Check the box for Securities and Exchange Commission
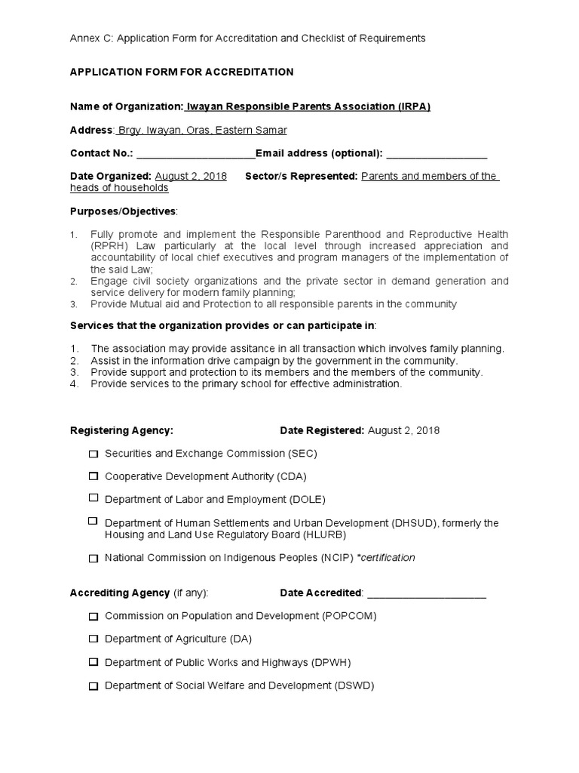click(x=93, y=454)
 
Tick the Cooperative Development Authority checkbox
click(x=93, y=476)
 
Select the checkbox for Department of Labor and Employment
click(x=93, y=498)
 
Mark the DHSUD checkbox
click(x=93, y=521)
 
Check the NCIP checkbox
click(x=93, y=559)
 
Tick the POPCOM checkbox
click(x=93, y=616)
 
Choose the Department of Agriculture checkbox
click(x=93, y=639)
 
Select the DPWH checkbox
click(x=93, y=662)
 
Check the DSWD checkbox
click(x=93, y=686)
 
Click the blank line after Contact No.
click(x=195, y=154)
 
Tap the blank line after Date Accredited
click(x=426, y=593)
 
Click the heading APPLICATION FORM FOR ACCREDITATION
click(x=182, y=72)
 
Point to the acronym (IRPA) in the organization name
click(x=415, y=106)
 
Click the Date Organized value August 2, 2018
click(x=191, y=176)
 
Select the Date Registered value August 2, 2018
click(x=403, y=430)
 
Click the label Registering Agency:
click(x=121, y=430)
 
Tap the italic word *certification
click(x=386, y=558)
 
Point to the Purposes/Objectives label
click(x=123, y=211)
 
